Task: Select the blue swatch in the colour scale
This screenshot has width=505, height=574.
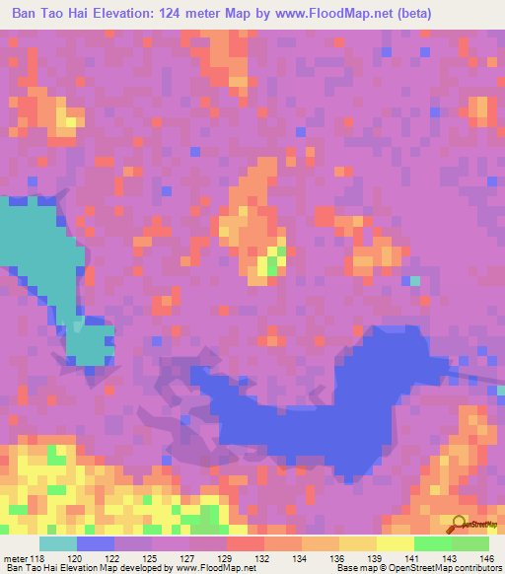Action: point(95,544)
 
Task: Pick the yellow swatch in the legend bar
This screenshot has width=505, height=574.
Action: point(395,544)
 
